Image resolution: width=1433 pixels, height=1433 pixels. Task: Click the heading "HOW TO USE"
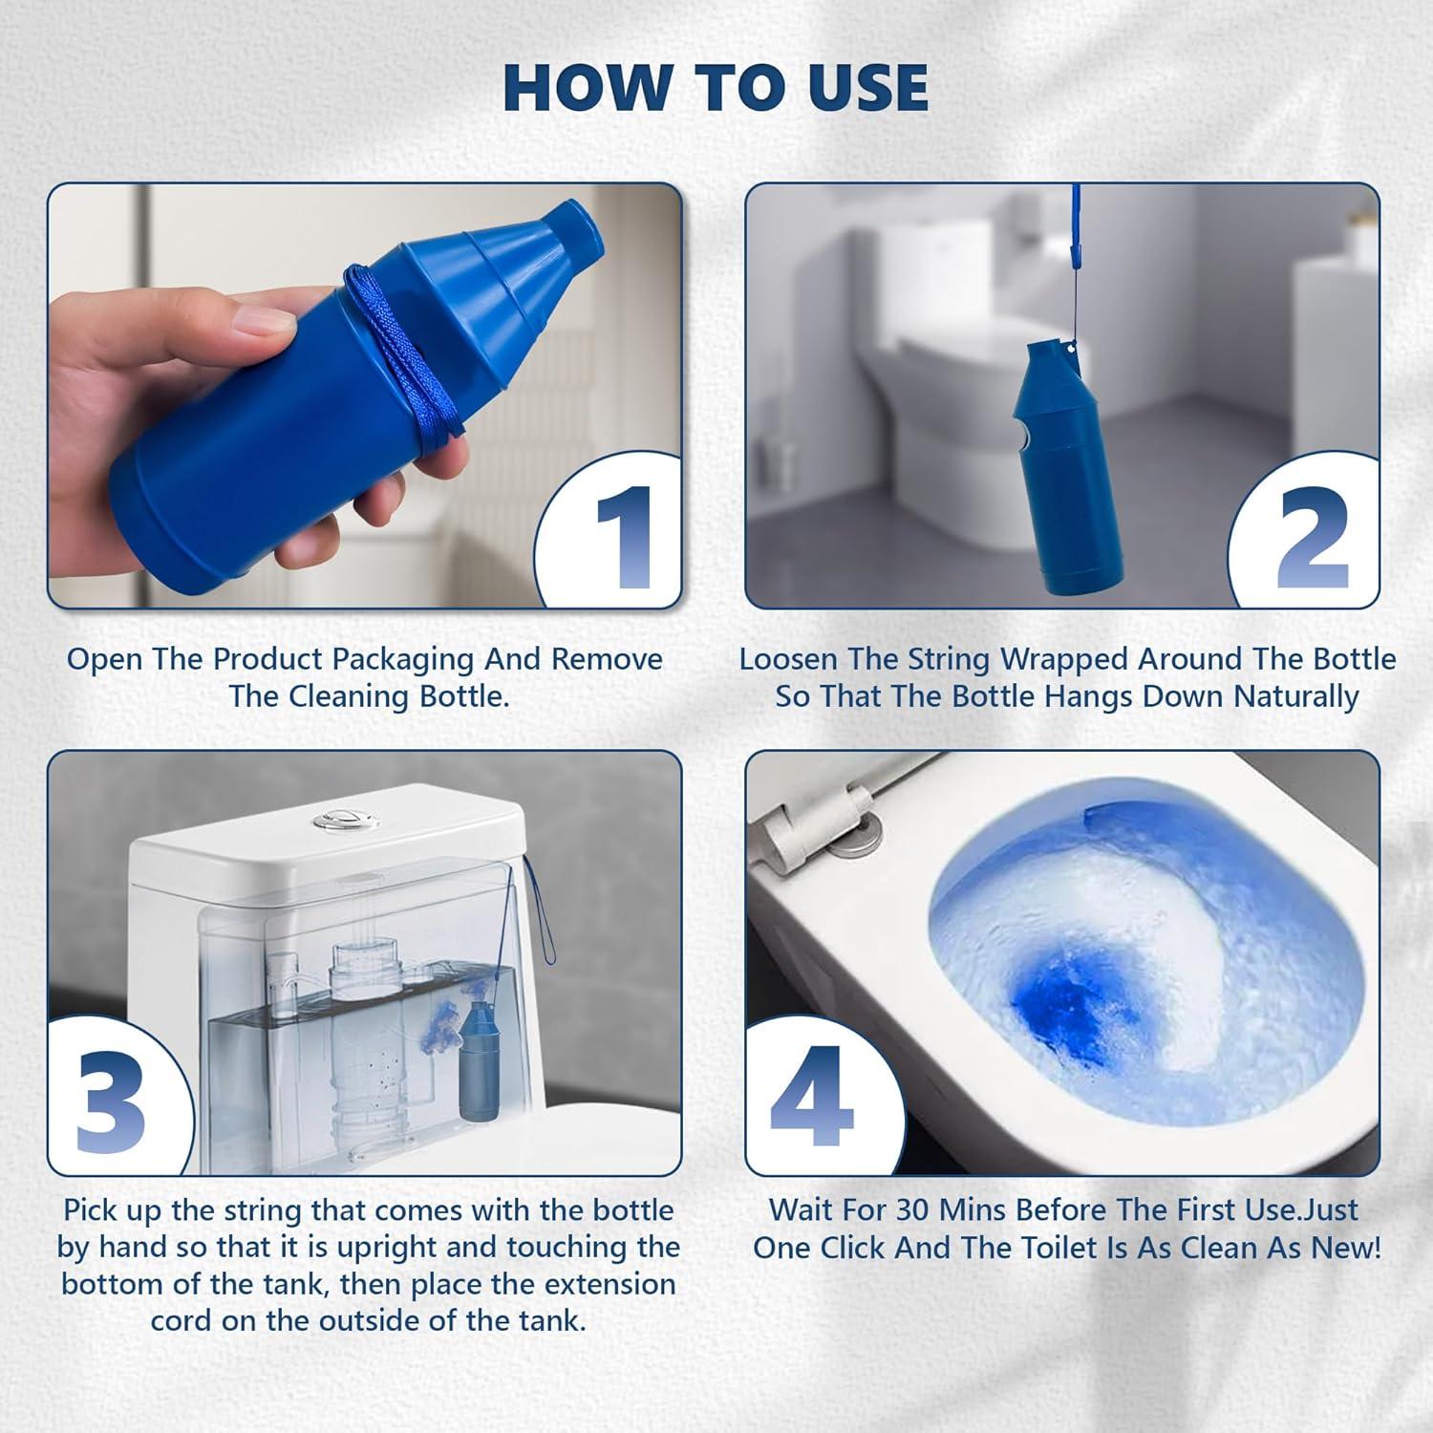click(716, 87)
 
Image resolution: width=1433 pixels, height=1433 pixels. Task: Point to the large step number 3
click(112, 1103)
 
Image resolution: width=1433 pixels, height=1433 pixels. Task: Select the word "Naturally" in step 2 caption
click(1295, 696)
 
